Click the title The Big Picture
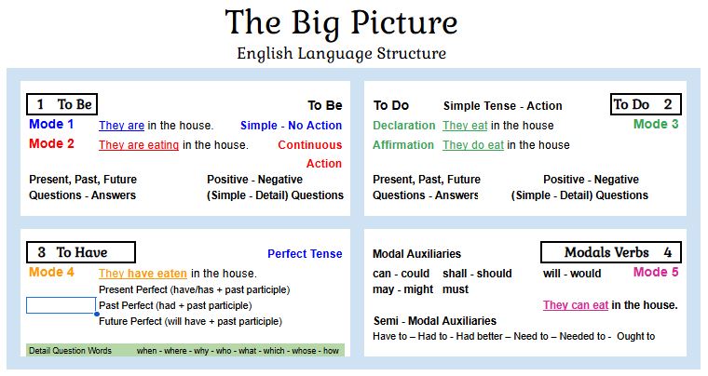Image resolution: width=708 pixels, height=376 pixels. [x=341, y=22]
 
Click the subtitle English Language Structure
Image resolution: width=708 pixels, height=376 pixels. [x=341, y=54]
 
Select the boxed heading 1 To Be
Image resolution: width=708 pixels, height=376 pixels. [x=62, y=104]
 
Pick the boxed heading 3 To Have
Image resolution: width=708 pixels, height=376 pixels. [x=80, y=251]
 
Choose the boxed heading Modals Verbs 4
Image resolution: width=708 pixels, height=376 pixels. [x=610, y=252]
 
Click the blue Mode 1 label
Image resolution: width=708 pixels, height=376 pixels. [x=51, y=125]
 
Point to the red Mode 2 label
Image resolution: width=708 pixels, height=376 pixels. [x=51, y=144]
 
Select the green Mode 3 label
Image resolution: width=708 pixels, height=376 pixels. [x=656, y=124]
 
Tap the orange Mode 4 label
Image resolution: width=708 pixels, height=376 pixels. [x=51, y=273]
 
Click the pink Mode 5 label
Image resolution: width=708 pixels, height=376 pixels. [x=656, y=273]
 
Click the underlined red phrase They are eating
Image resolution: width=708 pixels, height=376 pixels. [x=139, y=145]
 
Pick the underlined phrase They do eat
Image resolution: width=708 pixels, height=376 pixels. [x=473, y=145]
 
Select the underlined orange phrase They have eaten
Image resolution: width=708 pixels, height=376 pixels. [x=143, y=274]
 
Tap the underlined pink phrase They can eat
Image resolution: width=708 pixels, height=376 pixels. [x=576, y=305]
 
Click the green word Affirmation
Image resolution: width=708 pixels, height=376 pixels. [x=403, y=145]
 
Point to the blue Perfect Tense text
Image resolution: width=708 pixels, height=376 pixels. [x=305, y=254]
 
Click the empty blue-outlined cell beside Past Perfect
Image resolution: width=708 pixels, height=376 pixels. [x=61, y=305]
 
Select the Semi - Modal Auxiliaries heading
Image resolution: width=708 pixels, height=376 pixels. [x=434, y=321]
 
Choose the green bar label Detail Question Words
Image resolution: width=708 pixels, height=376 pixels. [x=70, y=351]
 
